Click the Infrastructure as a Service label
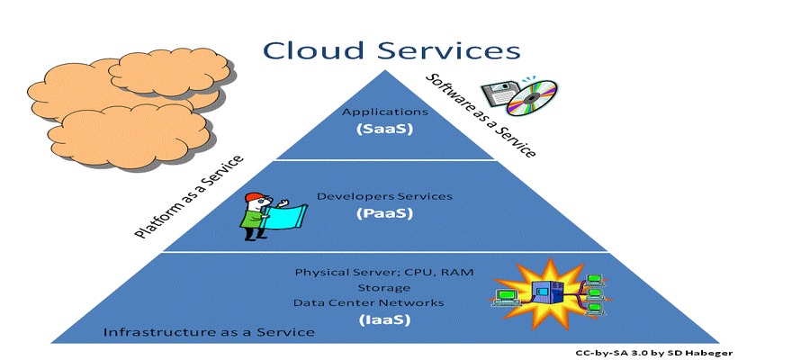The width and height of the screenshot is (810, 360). [209, 333]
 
